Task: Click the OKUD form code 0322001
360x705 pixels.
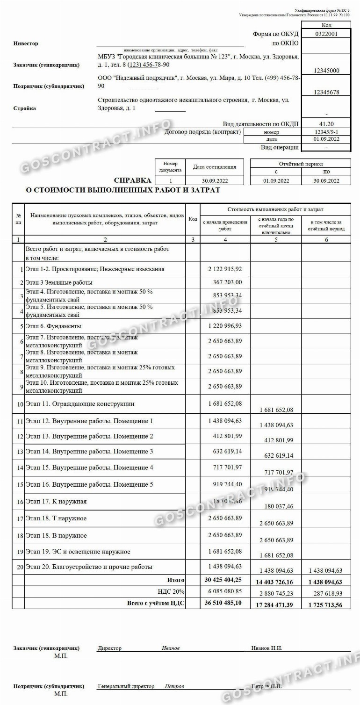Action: (326, 34)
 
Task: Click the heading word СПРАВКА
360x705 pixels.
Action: (132, 180)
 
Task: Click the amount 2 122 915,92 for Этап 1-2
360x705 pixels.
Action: (225, 269)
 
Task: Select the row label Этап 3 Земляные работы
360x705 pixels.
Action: (59, 282)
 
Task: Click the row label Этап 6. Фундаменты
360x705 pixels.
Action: (53, 326)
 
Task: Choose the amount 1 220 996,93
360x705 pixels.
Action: (225, 326)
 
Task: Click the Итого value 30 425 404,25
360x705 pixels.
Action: (223, 580)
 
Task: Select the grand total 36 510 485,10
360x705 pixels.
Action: (223, 603)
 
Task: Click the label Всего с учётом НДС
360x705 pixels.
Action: (156, 603)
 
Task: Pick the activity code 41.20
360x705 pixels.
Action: (326, 124)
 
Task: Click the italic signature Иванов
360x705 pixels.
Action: (171, 648)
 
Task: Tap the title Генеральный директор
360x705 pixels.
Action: (126, 687)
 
